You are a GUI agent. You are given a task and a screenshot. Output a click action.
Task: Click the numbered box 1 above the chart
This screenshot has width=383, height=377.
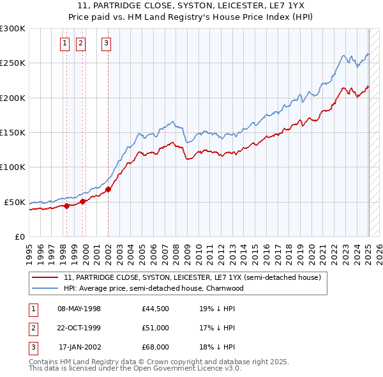[65, 43]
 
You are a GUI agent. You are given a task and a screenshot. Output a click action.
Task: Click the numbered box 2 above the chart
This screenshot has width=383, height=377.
[81, 43]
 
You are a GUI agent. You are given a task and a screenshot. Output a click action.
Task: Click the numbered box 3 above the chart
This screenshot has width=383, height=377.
[106, 43]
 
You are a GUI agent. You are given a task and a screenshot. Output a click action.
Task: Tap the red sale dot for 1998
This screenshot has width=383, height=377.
[66, 206]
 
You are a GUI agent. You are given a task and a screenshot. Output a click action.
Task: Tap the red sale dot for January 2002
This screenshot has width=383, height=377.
[108, 189]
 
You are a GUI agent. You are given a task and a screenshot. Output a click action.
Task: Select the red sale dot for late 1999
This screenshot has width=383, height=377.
[83, 201]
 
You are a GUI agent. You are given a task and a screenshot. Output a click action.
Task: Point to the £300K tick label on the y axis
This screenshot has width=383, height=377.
[13, 29]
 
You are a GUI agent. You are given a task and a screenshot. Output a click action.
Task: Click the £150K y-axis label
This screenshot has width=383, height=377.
[13, 132]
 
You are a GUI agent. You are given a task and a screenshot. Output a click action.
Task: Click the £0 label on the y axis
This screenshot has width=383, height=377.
[20, 236]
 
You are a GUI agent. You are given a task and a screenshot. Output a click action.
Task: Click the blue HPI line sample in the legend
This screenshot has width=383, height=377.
[46, 288]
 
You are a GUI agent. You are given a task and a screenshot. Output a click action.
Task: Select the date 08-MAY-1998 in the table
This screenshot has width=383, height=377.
[79, 309]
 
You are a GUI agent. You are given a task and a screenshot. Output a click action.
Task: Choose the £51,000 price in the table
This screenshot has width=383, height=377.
[156, 328]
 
